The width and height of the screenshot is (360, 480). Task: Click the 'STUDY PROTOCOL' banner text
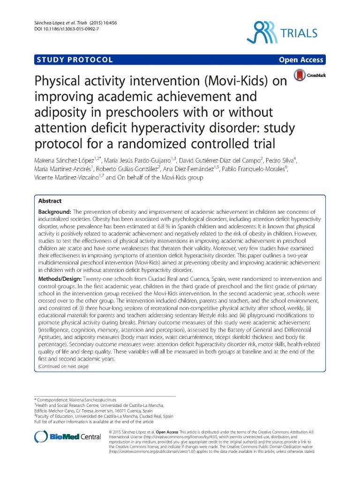tap(74, 60)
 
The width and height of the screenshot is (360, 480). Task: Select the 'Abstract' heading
tap(50, 201)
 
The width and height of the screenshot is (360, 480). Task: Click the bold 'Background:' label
tap(53, 212)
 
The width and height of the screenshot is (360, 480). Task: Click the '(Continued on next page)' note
tap(63, 366)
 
